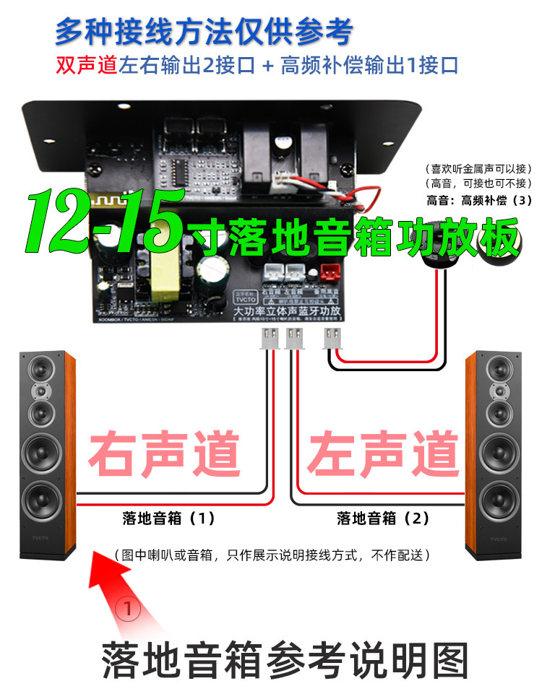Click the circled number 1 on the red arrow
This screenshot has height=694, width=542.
coord(129,609)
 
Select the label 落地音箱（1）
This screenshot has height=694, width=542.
coord(168,518)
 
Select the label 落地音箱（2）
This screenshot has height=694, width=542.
coord(383,518)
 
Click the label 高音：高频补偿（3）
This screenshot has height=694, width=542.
coord(479,200)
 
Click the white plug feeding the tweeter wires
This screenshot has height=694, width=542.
coord(332,337)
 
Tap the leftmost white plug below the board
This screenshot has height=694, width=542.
coord(268,337)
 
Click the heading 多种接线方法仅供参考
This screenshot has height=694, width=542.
coord(204,32)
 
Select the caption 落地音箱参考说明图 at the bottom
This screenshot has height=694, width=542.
coord(285,659)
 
